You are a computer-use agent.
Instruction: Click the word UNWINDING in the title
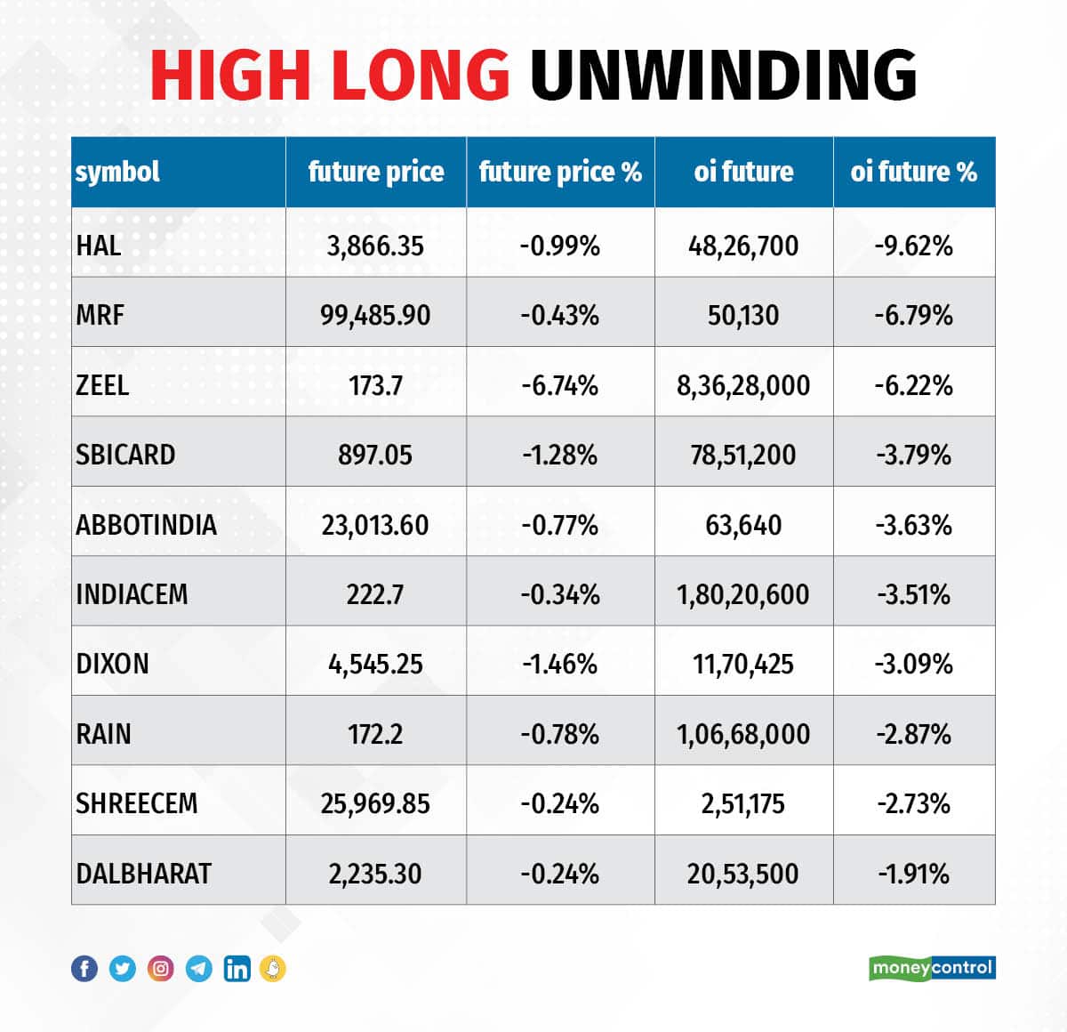click(723, 74)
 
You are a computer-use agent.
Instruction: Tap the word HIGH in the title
click(230, 74)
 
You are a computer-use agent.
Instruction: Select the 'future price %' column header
click(560, 172)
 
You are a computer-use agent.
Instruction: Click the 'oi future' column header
click(743, 172)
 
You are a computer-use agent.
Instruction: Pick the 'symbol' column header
click(117, 172)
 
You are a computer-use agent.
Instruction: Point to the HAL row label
click(99, 246)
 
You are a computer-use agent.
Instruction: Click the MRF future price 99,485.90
click(375, 315)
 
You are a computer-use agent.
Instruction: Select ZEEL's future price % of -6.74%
click(560, 385)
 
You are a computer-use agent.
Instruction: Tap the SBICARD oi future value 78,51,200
click(743, 455)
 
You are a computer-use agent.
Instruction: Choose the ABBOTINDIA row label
click(147, 525)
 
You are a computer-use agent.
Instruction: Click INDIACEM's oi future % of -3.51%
click(913, 594)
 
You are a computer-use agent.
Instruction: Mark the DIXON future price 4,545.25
click(375, 665)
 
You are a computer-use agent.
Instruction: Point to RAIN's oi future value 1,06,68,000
click(743, 734)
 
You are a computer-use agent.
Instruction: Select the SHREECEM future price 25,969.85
click(375, 804)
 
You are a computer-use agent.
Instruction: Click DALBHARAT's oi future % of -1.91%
click(913, 874)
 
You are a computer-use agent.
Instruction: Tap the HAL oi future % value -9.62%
click(913, 246)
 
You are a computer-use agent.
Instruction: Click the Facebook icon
click(84, 969)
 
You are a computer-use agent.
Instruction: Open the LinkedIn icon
click(237, 969)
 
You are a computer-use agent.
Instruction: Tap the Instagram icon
click(161, 969)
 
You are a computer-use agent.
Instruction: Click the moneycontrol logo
click(932, 968)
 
